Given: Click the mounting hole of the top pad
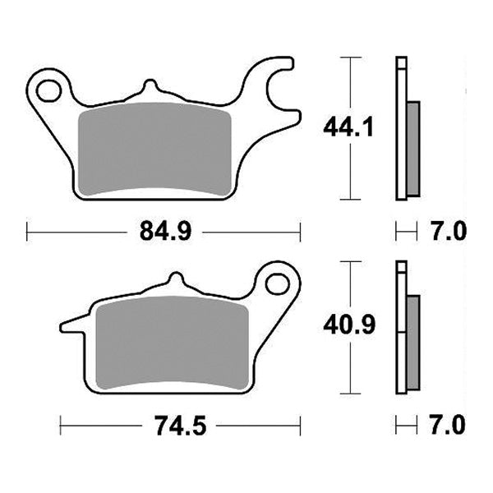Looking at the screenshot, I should tap(50, 87).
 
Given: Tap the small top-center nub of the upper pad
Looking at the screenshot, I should tap(149, 87).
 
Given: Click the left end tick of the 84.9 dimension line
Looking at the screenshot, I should tap(27, 233).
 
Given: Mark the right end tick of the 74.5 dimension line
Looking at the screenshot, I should tap(300, 426).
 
